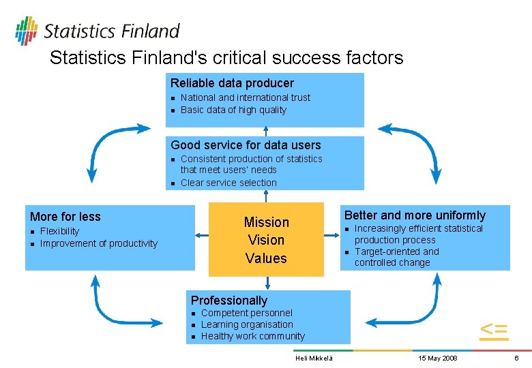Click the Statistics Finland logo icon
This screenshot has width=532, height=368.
[26, 30]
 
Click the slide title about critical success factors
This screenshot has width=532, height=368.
[226, 58]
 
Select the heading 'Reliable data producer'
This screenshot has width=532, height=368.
[232, 83]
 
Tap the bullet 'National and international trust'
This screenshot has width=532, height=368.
[245, 97]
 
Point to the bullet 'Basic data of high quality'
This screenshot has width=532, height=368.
[233, 110]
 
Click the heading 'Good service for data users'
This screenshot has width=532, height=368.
[246, 144]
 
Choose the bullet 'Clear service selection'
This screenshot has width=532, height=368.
[228, 183]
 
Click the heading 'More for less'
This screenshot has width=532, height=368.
[65, 217]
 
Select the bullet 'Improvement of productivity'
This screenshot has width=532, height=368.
[99, 243]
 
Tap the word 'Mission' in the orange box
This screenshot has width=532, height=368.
[266, 222]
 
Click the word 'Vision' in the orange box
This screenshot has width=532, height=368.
[266, 240]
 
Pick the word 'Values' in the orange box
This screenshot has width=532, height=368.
[266, 258]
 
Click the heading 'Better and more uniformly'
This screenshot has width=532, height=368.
[415, 215]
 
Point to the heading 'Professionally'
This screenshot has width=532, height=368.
[229, 301]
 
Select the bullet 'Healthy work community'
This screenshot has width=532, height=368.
[253, 336]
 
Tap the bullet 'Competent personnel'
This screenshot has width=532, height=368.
[247, 313]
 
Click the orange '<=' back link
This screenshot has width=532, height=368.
[493, 330]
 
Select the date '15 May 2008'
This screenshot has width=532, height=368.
[437, 358]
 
